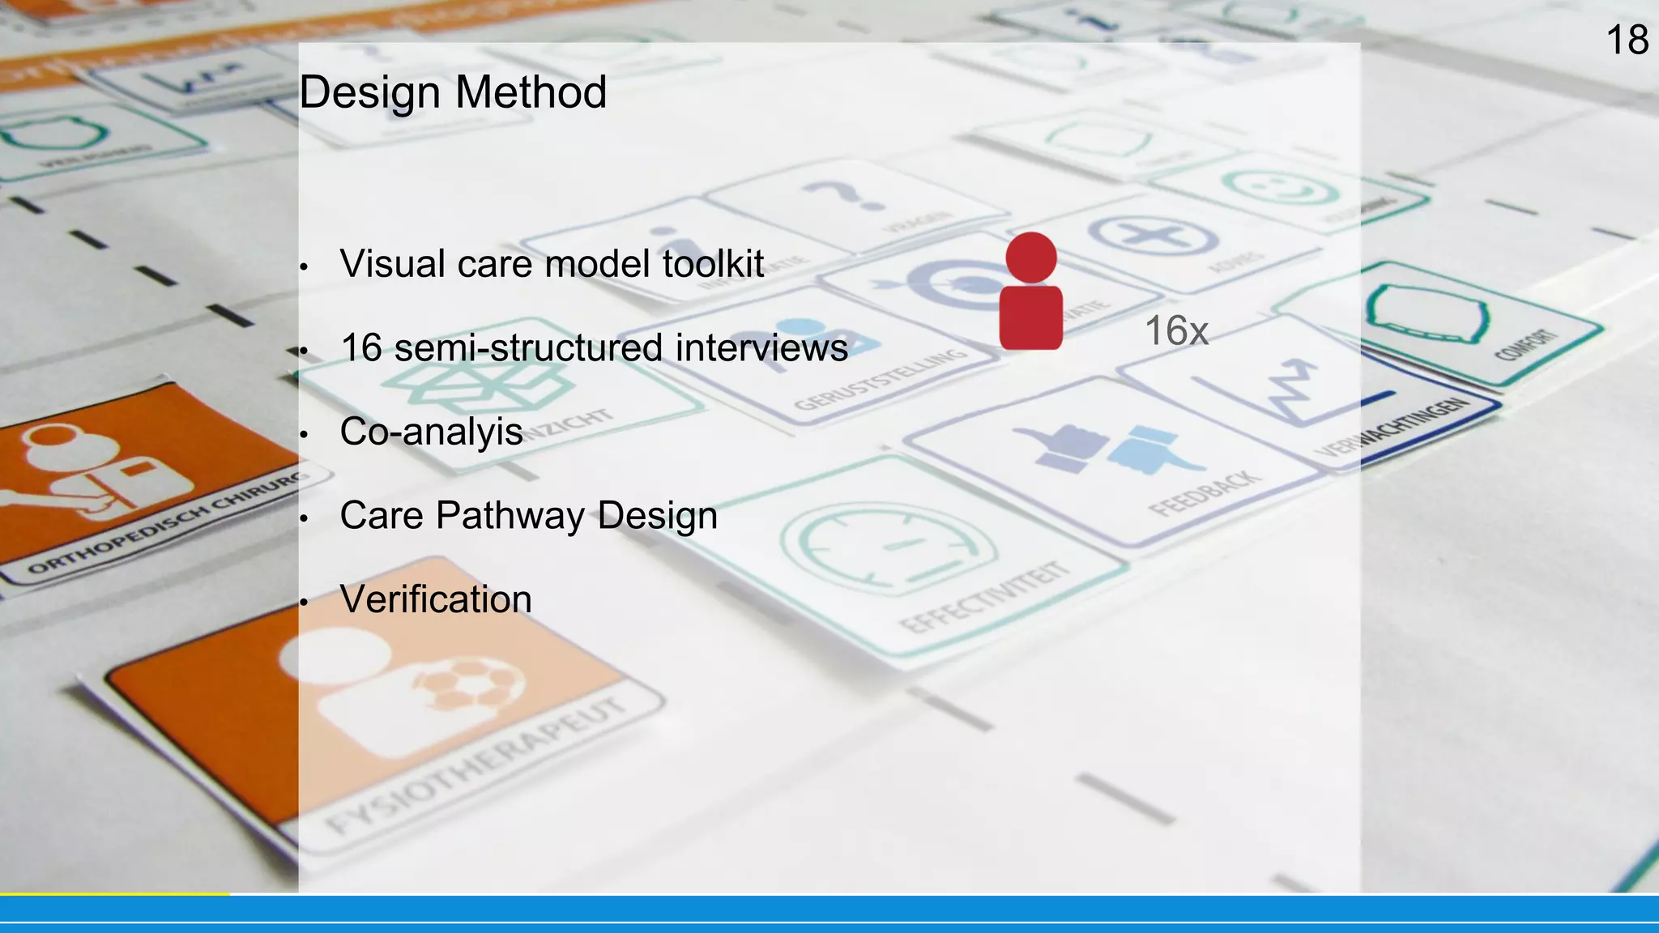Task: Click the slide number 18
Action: [x=1627, y=40]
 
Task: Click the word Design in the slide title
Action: [x=369, y=92]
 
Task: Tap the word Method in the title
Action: [x=531, y=92]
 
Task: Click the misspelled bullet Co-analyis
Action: [x=431, y=432]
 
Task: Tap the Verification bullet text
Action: [x=436, y=600]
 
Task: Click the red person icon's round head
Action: [x=1031, y=258]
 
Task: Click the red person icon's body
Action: [x=1031, y=317]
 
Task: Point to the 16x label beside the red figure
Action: [x=1176, y=331]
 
